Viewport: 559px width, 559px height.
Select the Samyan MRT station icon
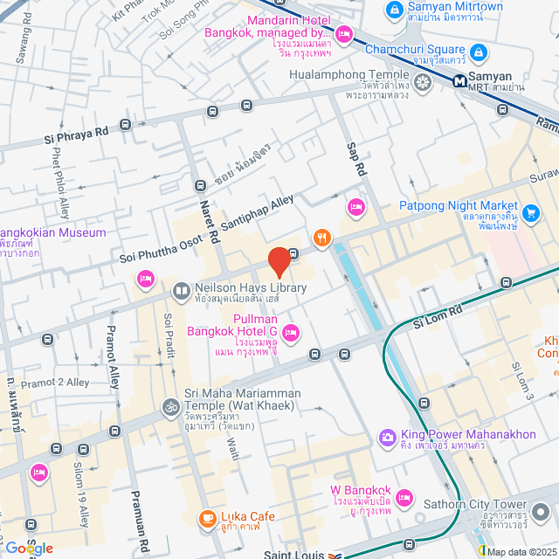(459, 81)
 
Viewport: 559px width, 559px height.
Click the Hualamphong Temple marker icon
(424, 83)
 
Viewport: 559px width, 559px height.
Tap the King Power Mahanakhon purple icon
(387, 436)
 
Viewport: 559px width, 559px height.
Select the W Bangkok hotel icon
(404, 497)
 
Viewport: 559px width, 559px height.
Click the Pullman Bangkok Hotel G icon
(291, 331)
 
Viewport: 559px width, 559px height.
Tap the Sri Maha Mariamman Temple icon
(169, 407)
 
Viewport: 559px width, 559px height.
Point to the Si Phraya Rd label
(77, 134)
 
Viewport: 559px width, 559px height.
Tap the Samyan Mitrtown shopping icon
(395, 10)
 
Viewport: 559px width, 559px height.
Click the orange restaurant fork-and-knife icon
(322, 238)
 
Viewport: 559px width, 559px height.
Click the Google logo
(29, 548)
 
